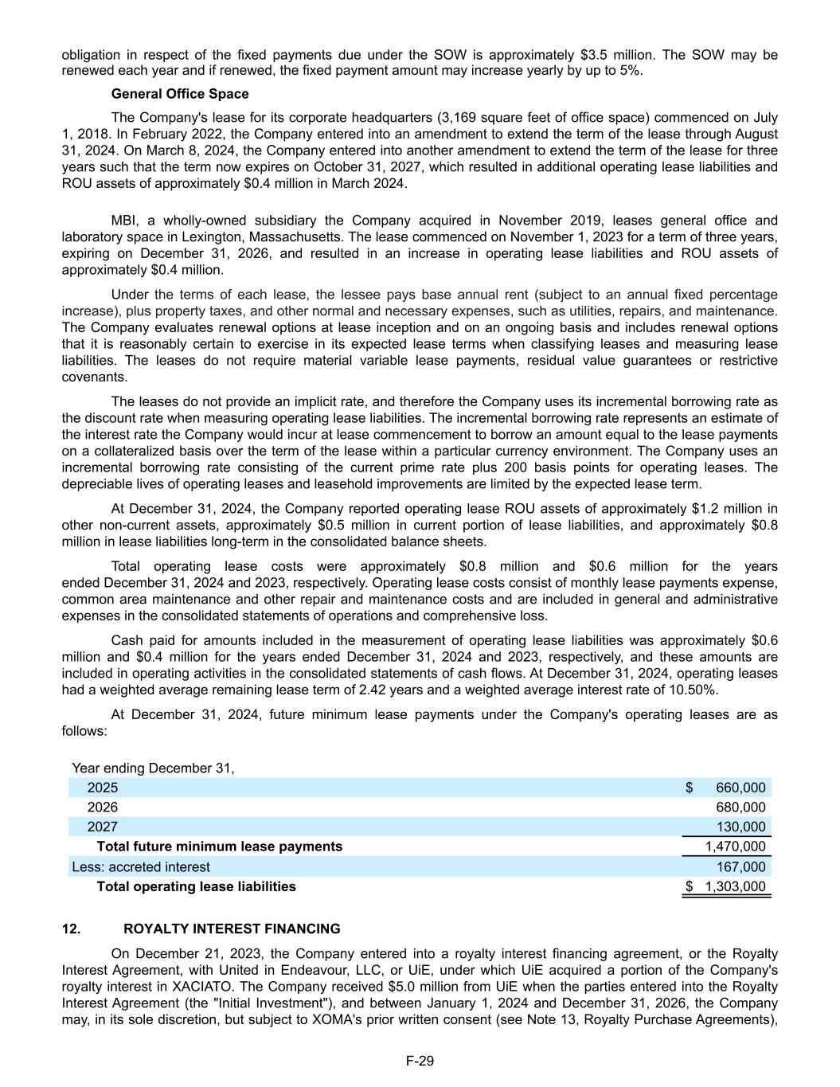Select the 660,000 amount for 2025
(740, 788)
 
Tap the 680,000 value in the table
(740, 807)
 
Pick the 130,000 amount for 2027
(740, 827)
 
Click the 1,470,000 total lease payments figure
(735, 847)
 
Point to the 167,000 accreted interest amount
(740, 866)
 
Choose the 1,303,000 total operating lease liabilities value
(735, 886)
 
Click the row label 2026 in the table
(102, 807)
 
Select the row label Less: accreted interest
(141, 866)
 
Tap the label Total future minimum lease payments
(219, 847)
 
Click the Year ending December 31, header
(153, 768)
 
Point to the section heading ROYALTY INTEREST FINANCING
(232, 929)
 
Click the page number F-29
(420, 1061)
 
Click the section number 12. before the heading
(71, 929)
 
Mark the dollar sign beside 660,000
(689, 788)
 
